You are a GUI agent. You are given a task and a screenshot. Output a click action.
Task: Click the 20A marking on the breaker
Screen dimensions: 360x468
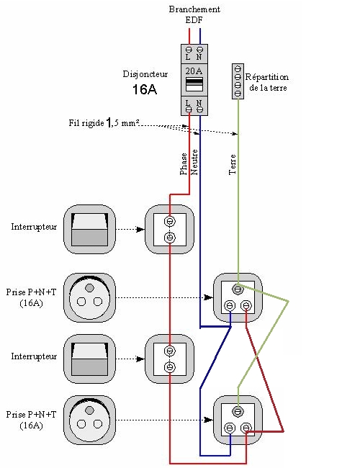194,71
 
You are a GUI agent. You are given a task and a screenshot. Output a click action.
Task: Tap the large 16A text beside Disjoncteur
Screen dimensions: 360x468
145,89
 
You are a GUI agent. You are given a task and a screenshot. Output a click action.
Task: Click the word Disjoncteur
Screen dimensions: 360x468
145,74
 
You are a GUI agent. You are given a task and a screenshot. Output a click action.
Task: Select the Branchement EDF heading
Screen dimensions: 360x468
194,14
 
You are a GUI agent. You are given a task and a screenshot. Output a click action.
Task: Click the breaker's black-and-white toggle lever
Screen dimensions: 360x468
194,84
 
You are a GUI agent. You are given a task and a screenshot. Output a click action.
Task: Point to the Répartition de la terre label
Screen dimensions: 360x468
267,82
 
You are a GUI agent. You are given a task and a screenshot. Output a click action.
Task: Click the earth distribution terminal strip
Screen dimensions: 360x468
238,81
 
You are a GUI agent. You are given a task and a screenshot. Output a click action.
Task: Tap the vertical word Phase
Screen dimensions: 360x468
184,164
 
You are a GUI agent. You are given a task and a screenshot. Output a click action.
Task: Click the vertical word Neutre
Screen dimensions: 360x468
194,162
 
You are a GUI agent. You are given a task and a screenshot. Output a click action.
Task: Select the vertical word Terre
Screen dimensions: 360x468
233,164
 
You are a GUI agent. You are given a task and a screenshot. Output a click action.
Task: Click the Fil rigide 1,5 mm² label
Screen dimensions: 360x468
104,122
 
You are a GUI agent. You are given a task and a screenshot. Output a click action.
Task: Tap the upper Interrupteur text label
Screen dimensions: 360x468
34,227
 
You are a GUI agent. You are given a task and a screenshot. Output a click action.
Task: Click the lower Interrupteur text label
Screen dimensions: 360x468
34,356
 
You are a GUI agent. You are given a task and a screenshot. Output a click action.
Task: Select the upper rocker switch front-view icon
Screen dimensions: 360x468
89,229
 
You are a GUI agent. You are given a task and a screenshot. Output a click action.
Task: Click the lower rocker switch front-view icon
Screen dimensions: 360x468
89,359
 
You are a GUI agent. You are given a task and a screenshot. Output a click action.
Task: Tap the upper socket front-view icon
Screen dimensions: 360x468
89,298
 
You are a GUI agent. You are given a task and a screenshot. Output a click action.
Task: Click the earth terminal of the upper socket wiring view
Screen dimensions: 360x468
238,289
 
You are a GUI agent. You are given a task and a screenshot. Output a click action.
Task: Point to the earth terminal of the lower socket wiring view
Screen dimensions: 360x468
238,412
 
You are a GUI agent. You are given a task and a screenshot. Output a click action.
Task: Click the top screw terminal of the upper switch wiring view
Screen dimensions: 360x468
170,222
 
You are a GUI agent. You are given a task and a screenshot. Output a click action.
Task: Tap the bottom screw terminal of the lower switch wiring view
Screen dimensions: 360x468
170,366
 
